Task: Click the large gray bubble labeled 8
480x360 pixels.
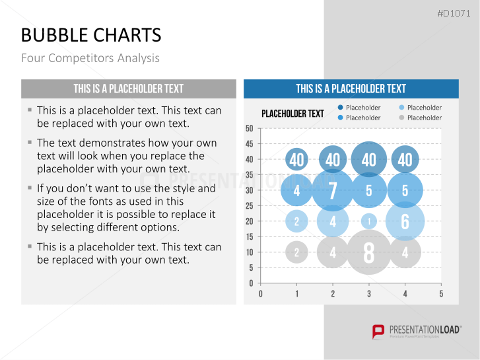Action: (x=369, y=252)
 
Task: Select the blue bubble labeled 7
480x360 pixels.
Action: (x=333, y=190)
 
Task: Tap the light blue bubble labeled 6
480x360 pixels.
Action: (x=405, y=221)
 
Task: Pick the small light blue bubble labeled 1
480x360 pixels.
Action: (x=369, y=221)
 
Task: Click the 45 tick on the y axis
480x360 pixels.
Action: (x=250, y=144)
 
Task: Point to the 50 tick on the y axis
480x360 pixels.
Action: (x=250, y=128)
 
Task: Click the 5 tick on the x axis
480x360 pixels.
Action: (x=441, y=294)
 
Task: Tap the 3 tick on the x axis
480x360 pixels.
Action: (x=369, y=294)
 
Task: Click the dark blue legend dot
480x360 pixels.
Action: (x=340, y=107)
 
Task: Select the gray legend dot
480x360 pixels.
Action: (x=401, y=118)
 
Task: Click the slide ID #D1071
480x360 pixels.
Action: (x=454, y=13)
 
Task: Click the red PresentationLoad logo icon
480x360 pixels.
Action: (x=378, y=332)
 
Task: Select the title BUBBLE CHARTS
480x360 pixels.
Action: (x=91, y=35)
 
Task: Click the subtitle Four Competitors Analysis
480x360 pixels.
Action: (x=90, y=58)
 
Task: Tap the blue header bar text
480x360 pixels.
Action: (x=351, y=89)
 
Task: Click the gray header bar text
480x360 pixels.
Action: (x=129, y=89)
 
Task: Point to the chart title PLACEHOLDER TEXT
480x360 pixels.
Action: (x=292, y=114)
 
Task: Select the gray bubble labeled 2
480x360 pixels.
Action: (x=296, y=252)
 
